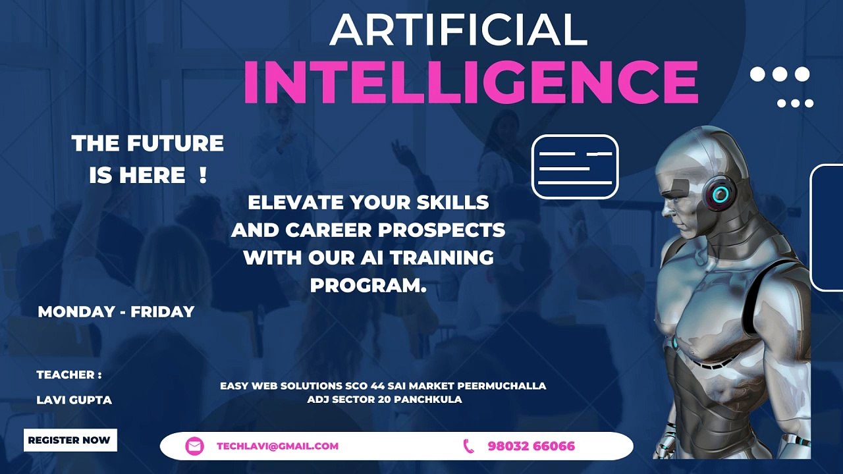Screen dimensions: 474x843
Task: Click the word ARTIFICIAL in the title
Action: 458,30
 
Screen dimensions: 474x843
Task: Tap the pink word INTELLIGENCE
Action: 471,83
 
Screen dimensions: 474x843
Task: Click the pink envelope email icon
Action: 194,446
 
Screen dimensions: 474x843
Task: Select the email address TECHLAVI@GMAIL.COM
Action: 277,446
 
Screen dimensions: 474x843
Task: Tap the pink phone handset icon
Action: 469,446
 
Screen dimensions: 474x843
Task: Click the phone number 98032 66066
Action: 531,446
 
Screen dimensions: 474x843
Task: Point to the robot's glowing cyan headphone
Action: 719,194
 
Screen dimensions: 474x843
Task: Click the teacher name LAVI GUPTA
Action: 74,400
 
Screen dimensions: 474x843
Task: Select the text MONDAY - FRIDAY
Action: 116,311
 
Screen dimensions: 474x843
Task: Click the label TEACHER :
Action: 69,375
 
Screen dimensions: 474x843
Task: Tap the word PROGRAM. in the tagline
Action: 368,286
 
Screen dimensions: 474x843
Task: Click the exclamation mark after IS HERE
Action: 202,175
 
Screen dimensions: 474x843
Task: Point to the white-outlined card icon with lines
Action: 575,167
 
